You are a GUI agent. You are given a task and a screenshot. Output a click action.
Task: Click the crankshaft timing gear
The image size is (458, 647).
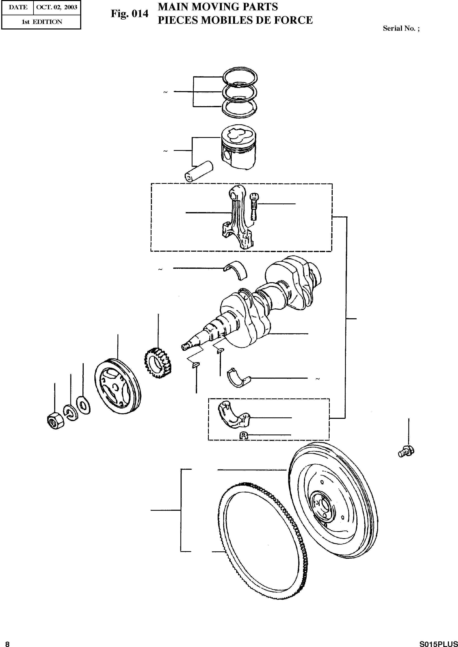158,363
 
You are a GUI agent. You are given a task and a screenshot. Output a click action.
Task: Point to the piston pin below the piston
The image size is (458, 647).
199,171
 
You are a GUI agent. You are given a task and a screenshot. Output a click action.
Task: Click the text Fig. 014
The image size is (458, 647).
129,13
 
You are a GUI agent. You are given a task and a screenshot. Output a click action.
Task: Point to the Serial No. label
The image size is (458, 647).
401,28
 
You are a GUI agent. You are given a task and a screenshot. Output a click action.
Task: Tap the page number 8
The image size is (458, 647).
7,642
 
